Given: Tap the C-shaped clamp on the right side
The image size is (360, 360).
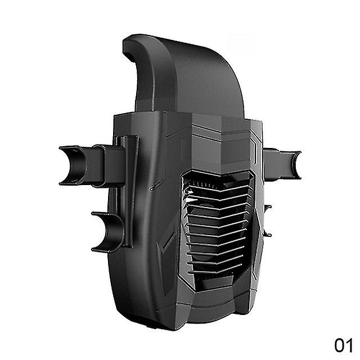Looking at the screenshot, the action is click(295, 165).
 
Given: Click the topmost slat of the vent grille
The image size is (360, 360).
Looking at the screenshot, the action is click(218, 189).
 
